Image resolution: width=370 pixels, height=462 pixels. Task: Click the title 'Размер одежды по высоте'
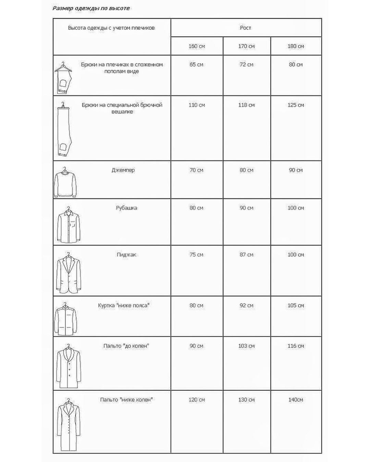click(x=91, y=8)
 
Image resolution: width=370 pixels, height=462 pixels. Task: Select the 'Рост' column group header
click(x=245, y=28)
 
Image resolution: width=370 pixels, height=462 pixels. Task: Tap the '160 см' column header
click(x=197, y=46)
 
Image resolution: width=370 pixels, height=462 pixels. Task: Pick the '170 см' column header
click(x=246, y=46)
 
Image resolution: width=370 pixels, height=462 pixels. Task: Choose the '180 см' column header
click(x=296, y=46)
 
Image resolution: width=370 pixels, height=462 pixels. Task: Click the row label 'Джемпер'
click(x=123, y=170)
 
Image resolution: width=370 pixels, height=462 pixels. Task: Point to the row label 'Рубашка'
click(x=126, y=208)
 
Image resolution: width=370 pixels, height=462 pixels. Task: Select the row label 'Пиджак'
click(x=126, y=255)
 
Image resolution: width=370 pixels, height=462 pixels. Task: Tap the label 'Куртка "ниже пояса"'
click(x=124, y=305)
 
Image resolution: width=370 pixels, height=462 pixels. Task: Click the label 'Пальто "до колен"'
click(x=126, y=346)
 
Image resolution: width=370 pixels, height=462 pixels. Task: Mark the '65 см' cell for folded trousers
click(x=196, y=64)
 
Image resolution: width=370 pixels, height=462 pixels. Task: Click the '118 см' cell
click(x=246, y=105)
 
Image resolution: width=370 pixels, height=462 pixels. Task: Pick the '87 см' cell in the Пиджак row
click(x=246, y=255)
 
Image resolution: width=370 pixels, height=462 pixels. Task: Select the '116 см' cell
click(x=296, y=346)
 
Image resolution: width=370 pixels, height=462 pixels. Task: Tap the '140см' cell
click(x=296, y=400)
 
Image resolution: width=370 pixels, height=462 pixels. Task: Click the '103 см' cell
click(x=246, y=346)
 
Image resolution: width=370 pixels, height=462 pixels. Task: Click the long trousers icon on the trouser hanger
click(x=64, y=130)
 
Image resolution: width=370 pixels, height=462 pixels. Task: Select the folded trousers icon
click(x=63, y=78)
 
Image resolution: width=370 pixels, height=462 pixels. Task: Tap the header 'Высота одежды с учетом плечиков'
click(x=111, y=28)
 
